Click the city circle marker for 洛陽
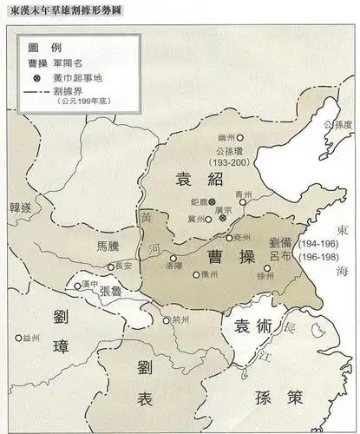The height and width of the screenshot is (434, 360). [x=173, y=259]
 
